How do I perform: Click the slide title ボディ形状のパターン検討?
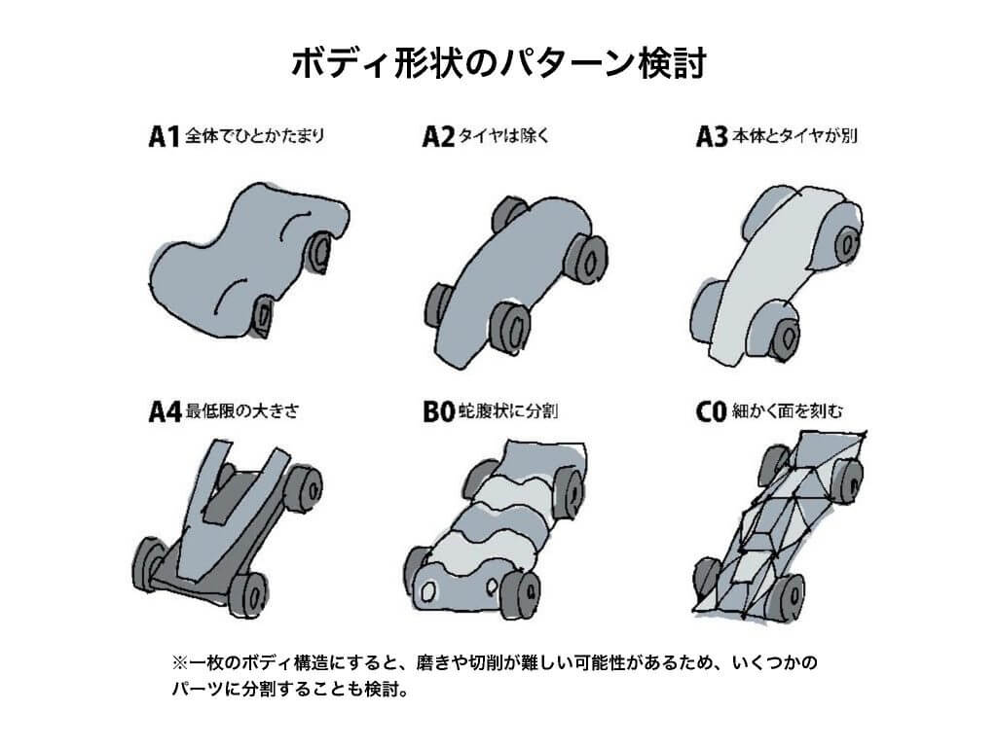pos(498,63)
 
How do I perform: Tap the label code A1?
pos(164,137)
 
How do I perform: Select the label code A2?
pos(438,137)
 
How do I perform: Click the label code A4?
pos(165,412)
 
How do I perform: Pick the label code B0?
pos(438,412)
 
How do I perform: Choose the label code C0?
pos(711,412)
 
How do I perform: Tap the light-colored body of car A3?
pos(769,263)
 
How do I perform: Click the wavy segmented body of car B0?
pos(492,530)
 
